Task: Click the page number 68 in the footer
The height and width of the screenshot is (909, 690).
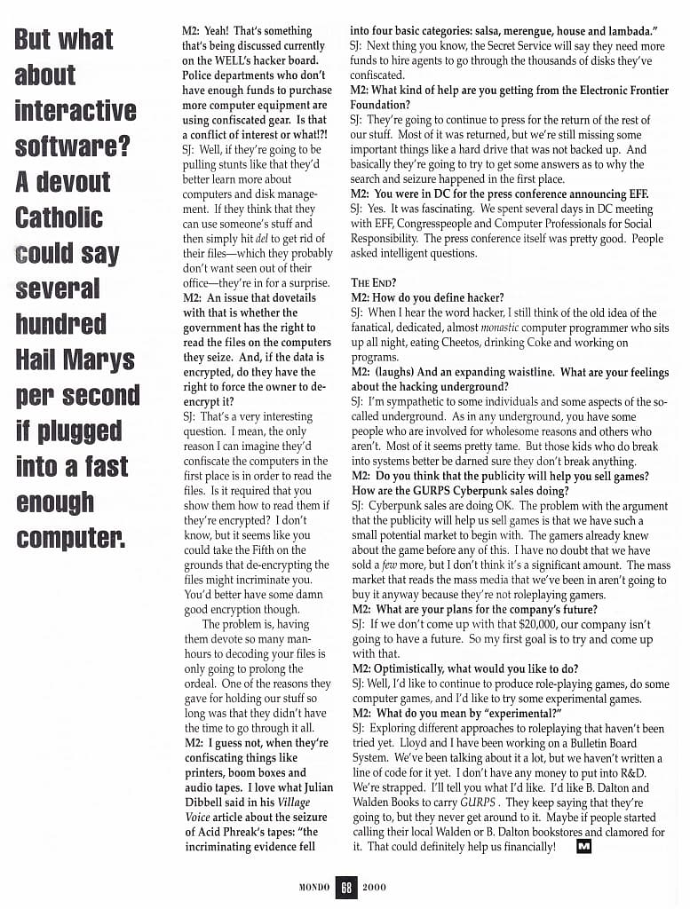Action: click(345, 887)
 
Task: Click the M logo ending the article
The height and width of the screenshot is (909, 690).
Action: click(583, 847)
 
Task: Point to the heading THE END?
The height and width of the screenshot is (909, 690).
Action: click(372, 283)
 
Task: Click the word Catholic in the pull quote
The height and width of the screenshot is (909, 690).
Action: click(59, 217)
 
